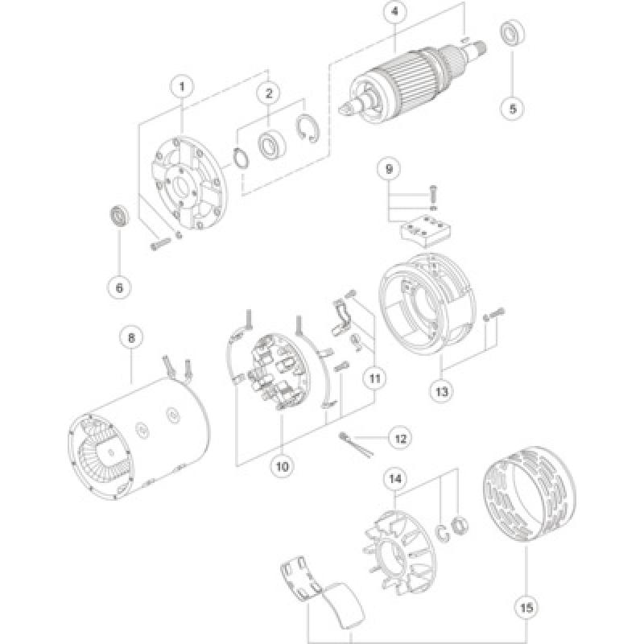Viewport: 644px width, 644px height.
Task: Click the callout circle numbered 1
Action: point(183,85)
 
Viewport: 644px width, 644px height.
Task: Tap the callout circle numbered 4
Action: point(394,12)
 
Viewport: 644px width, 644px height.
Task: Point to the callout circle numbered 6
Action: point(119,285)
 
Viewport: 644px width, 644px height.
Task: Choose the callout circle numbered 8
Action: point(130,339)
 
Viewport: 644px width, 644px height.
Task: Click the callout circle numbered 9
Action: point(389,169)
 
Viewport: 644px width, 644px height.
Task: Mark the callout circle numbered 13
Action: point(442,391)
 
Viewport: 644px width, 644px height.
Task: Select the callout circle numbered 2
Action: point(270,93)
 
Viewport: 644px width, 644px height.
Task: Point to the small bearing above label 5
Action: point(510,34)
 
